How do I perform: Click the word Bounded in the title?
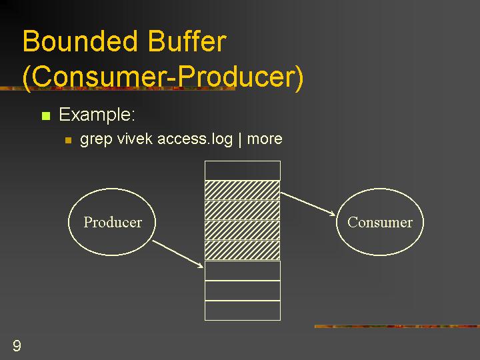coord(80,41)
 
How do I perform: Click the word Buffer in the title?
coord(187,41)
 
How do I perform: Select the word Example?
coord(97,115)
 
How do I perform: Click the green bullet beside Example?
coord(46,116)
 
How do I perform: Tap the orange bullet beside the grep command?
coord(68,140)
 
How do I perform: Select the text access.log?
coord(195,139)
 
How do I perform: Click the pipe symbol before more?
coord(240,139)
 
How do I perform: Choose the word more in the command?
coord(265,139)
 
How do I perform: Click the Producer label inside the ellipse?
coord(113,222)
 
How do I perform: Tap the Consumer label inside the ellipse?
coord(380,222)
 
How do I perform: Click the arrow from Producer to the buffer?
coord(178,254)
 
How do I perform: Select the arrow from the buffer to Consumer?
coord(308,204)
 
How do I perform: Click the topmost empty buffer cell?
coord(243,171)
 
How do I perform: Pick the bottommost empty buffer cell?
coord(243,311)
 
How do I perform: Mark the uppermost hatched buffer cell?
coord(243,191)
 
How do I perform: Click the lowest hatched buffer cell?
coord(243,251)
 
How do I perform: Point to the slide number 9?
coord(17,345)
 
